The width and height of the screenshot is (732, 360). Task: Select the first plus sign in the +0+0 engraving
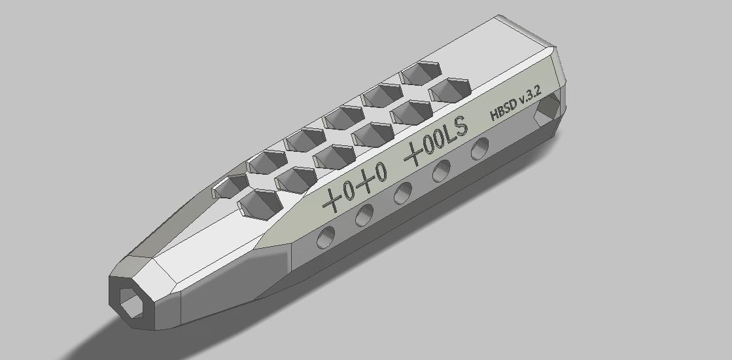334,198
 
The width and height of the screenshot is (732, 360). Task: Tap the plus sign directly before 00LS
413,156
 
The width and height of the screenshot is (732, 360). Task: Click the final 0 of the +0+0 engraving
381,172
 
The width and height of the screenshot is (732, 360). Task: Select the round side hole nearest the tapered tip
325,239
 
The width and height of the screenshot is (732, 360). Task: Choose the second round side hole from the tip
364,215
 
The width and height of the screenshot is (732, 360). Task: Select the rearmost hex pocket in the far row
420,71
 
